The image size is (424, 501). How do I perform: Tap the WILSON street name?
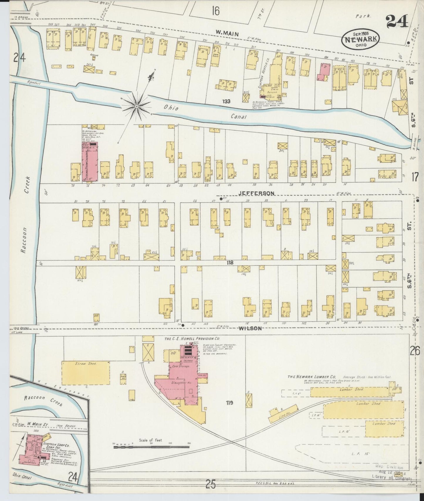click(x=250, y=328)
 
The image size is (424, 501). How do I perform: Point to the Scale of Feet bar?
click(x=151, y=447)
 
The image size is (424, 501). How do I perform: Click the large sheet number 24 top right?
click(x=397, y=21)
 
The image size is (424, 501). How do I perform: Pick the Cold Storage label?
click(x=182, y=366)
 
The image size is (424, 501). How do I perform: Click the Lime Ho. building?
click(x=283, y=413)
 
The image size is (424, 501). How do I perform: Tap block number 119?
click(x=229, y=403)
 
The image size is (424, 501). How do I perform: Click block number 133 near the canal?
click(x=226, y=101)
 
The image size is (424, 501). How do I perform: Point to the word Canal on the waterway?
click(x=238, y=117)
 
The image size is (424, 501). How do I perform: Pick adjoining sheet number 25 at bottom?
click(x=210, y=485)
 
